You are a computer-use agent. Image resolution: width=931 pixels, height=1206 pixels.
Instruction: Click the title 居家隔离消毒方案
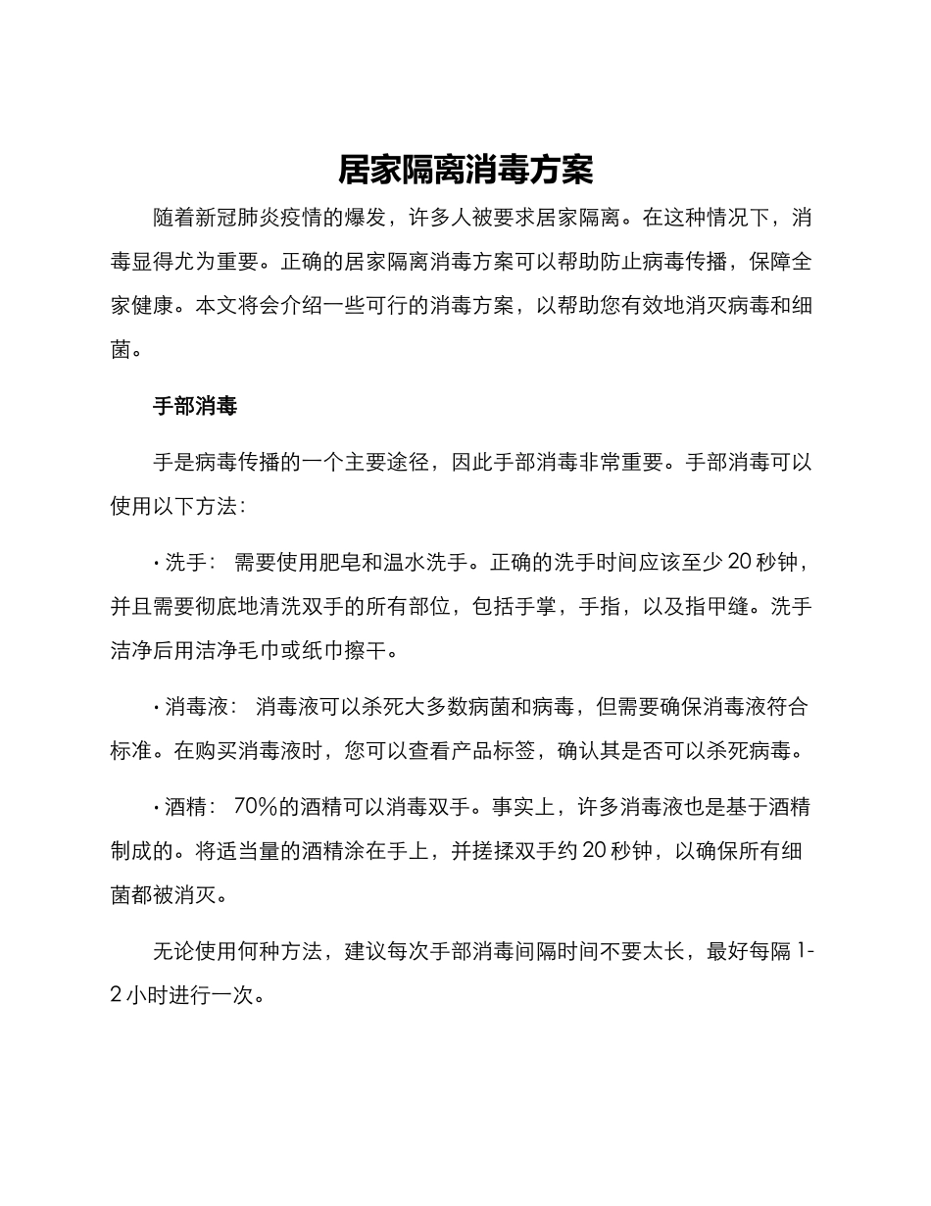[x=465, y=170]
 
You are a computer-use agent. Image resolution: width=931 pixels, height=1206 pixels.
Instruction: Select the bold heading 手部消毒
[x=195, y=406]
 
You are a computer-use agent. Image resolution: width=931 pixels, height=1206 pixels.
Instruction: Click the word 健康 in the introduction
[x=154, y=306]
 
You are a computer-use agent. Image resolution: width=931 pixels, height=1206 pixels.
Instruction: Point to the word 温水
[x=430, y=563]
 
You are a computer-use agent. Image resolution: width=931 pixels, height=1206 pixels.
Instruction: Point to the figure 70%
[x=257, y=807]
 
